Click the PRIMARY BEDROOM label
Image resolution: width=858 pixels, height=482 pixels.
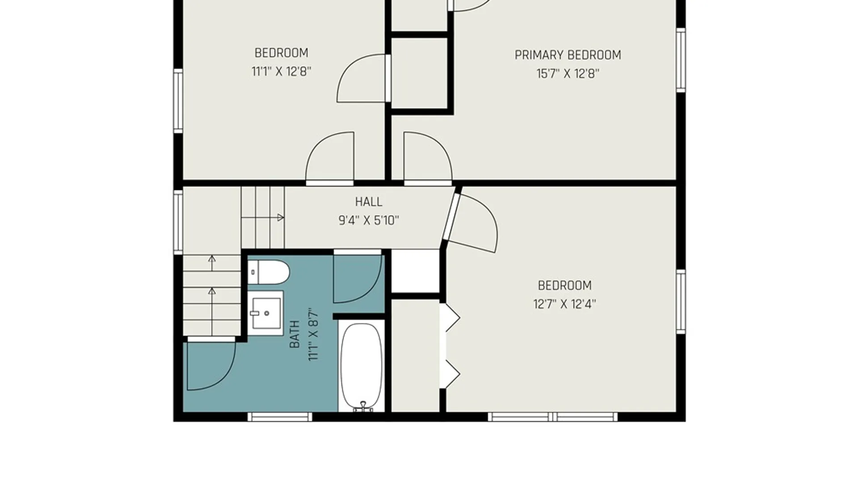[568, 55]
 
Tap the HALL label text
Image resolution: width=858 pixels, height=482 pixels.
[369, 202]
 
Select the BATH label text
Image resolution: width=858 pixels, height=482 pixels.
[294, 334]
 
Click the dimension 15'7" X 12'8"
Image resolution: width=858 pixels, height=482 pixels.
[568, 74]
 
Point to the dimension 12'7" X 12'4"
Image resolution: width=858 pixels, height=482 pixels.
[564, 304]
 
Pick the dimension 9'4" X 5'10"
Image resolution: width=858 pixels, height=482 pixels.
[369, 220]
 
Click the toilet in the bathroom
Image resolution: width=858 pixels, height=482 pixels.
[269, 272]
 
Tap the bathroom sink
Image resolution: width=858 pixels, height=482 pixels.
[265, 313]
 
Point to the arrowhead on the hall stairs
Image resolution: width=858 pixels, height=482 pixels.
[281, 218]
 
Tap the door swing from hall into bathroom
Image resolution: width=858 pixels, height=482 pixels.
[357, 277]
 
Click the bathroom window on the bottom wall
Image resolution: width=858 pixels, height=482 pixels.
[280, 417]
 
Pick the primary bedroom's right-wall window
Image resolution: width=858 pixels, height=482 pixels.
[681, 60]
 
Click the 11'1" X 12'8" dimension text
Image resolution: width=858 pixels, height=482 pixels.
[281, 71]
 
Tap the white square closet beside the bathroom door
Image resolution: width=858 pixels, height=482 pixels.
[416, 271]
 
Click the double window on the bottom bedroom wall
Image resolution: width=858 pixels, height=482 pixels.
[553, 417]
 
